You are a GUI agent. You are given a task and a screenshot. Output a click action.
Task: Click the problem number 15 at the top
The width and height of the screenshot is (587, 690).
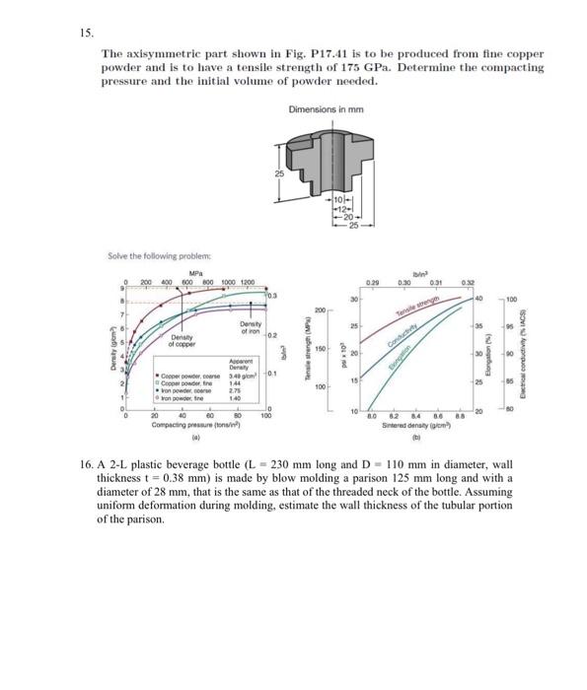pos(86,31)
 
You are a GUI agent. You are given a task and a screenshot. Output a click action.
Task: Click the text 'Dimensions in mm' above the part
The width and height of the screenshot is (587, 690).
pos(327,109)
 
